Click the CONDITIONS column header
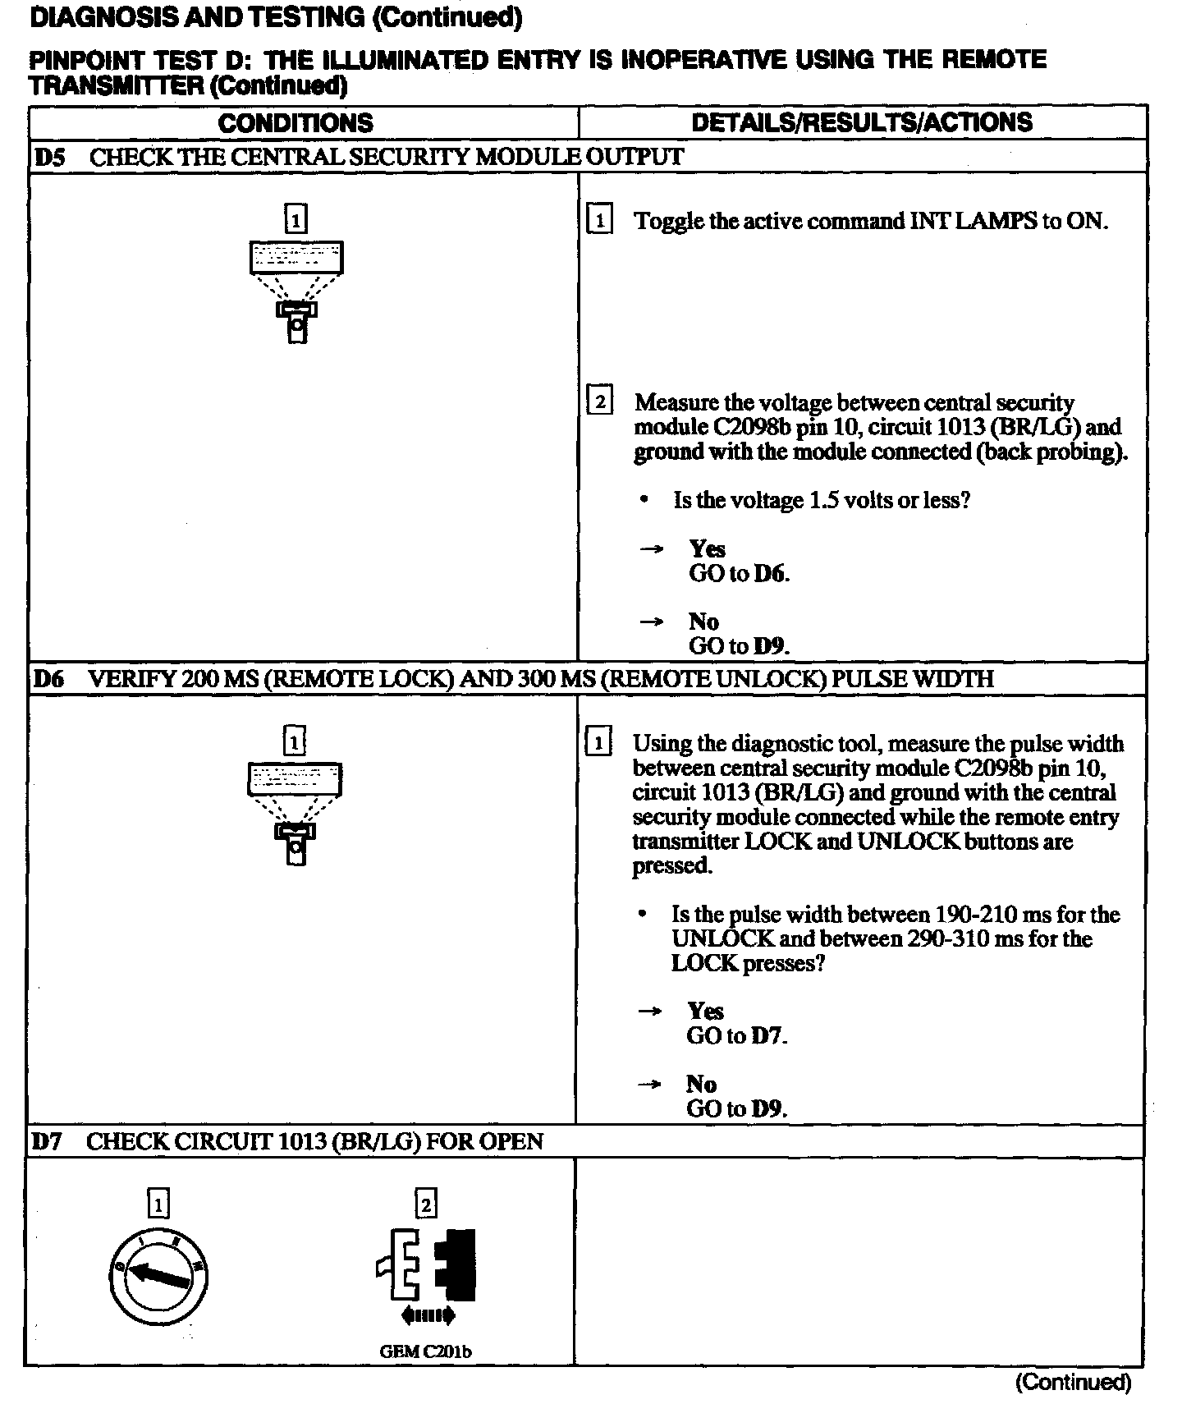[x=295, y=123]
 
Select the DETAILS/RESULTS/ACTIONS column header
[x=862, y=122]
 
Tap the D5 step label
[x=49, y=157]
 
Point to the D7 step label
[x=47, y=1141]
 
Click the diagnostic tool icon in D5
[x=296, y=291]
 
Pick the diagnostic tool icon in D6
[x=295, y=814]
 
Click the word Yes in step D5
[x=707, y=548]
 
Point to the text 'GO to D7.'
[x=736, y=1035]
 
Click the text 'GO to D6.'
[x=739, y=573]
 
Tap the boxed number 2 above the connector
[x=425, y=1204]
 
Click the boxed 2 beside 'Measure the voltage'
[x=600, y=402]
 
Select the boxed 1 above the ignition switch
[x=158, y=1204]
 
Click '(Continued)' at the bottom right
[x=1073, y=1383]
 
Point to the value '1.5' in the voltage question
[x=823, y=500]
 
